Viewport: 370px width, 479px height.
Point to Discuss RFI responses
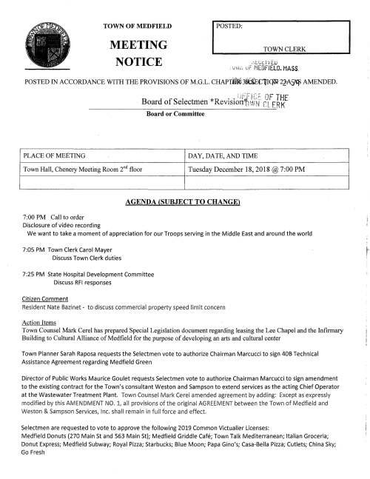83,282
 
